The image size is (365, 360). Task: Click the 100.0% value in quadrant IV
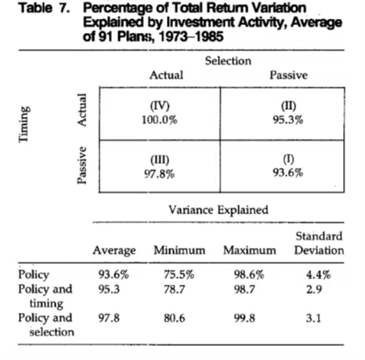160,120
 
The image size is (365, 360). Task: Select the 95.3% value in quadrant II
288,120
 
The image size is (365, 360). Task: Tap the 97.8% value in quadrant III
160,174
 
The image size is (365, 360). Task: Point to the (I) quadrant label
288,158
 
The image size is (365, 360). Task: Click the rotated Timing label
23,124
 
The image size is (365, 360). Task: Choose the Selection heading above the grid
228,61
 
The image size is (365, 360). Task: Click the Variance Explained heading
219,209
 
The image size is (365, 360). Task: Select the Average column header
114,250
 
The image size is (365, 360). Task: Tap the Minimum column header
179,250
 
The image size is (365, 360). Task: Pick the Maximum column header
250,250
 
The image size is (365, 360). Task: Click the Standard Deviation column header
319,243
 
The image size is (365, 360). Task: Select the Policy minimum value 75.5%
179,275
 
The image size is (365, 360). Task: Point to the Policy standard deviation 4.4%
319,275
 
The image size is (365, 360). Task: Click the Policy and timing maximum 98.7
244,289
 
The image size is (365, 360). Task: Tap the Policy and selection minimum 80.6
175,318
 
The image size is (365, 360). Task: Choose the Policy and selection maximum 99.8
244,318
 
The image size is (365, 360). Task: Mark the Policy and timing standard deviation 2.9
314,289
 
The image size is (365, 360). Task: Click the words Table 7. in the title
45,8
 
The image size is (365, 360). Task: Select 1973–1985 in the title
191,36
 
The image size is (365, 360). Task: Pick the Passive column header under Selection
288,75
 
